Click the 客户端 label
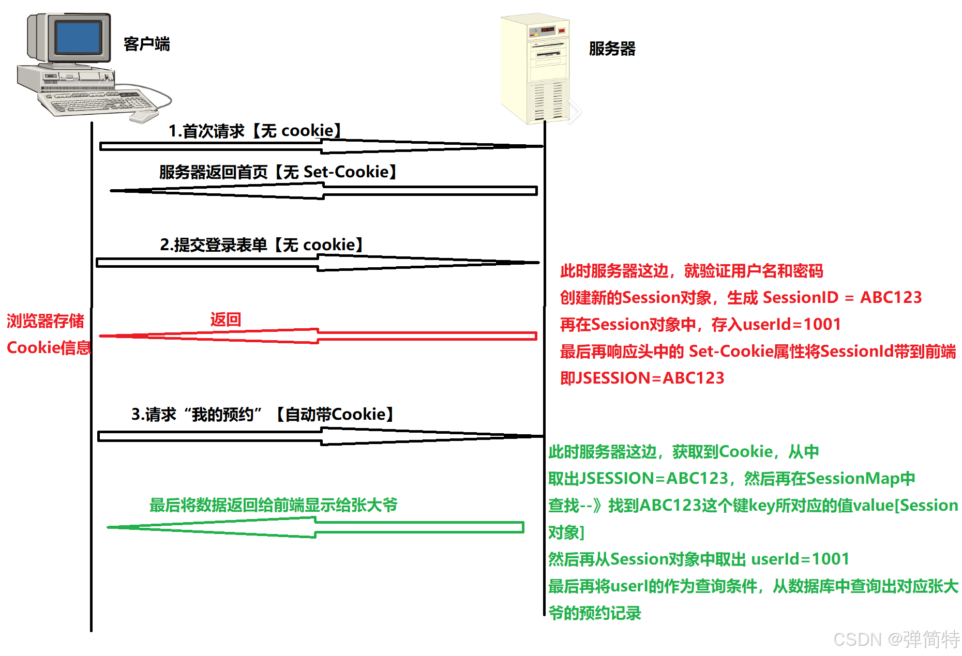146,44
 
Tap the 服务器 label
612,49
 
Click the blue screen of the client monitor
78,37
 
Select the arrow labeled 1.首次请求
321,147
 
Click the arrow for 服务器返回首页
324,191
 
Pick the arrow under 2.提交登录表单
318,263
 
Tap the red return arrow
318,336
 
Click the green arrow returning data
315,527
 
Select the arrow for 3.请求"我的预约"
321,437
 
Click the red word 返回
226,319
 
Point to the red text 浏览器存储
46,321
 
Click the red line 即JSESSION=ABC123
642,378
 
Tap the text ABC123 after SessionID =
891,297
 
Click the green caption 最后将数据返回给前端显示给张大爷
273,505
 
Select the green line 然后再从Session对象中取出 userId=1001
698,559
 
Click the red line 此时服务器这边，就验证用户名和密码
691,270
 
